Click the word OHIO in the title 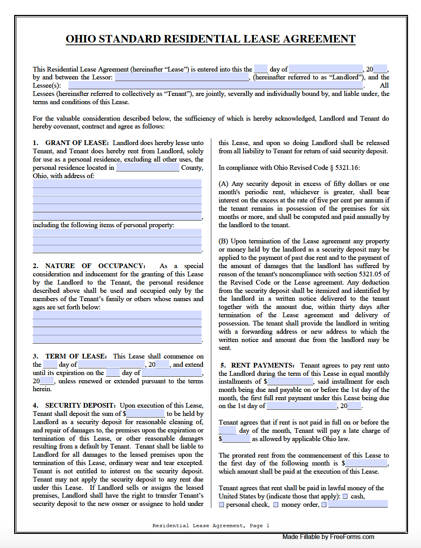(81, 39)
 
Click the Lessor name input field (182, 77)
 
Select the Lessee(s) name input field (215, 86)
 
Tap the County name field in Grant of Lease (148, 167)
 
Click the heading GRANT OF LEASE (76, 143)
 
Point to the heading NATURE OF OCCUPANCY (95, 266)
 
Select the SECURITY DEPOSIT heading (80, 405)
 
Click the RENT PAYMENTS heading (262, 365)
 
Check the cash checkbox (345, 497)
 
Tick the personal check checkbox (222, 505)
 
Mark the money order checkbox (276, 505)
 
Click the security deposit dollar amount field (145, 414)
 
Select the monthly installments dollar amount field (290, 381)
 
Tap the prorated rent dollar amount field (366, 463)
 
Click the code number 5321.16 (347, 167)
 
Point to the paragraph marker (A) (223, 184)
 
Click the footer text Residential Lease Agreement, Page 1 (211, 526)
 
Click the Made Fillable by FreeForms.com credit (328, 537)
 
